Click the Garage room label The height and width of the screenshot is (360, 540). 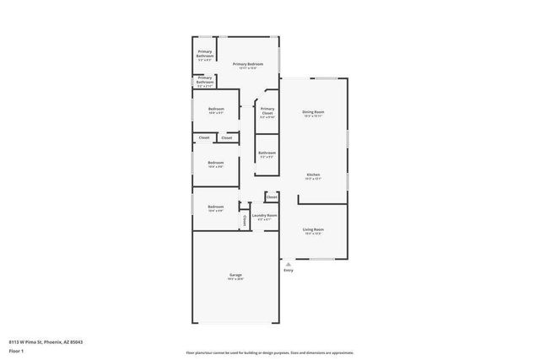(235, 276)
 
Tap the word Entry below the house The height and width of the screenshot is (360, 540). (289, 271)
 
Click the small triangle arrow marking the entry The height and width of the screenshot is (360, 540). (289, 263)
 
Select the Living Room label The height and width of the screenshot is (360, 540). (314, 229)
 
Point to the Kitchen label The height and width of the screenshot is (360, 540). (314, 174)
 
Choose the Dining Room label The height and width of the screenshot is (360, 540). (314, 112)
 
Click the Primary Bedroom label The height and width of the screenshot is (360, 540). (248, 64)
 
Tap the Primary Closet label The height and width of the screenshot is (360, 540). (267, 111)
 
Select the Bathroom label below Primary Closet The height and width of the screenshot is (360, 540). (267, 153)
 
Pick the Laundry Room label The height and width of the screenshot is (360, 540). (265, 215)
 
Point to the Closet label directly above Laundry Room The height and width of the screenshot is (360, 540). (271, 197)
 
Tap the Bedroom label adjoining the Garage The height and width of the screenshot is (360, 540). (216, 207)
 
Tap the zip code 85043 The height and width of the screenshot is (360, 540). (77, 341)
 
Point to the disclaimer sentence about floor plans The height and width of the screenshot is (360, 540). (269, 352)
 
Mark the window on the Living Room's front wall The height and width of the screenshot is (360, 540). (325, 258)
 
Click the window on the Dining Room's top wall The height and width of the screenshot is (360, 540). (325, 78)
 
